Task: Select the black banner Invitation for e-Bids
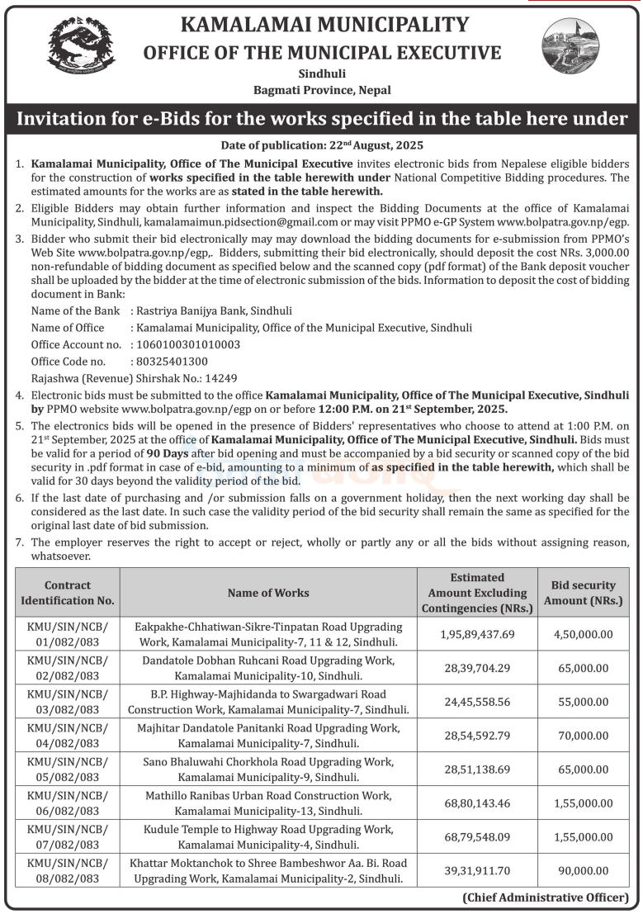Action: coord(322,118)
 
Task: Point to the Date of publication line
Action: coord(322,144)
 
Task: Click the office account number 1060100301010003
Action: coord(186,343)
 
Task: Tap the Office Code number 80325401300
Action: coord(169,361)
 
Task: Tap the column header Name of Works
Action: coord(268,592)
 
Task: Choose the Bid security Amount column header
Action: coord(584,592)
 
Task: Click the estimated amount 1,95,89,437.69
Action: coord(477,634)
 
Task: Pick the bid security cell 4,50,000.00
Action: coord(584,634)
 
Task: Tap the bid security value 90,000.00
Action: coord(584,870)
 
